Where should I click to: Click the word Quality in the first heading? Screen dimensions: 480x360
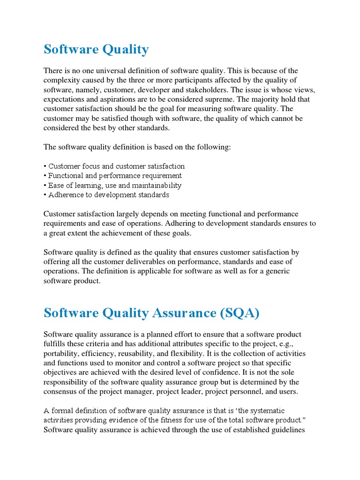point(122,49)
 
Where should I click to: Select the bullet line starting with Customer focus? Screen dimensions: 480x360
point(114,166)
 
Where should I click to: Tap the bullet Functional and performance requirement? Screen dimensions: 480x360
point(112,176)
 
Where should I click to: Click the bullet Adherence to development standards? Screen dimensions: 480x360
point(106,195)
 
